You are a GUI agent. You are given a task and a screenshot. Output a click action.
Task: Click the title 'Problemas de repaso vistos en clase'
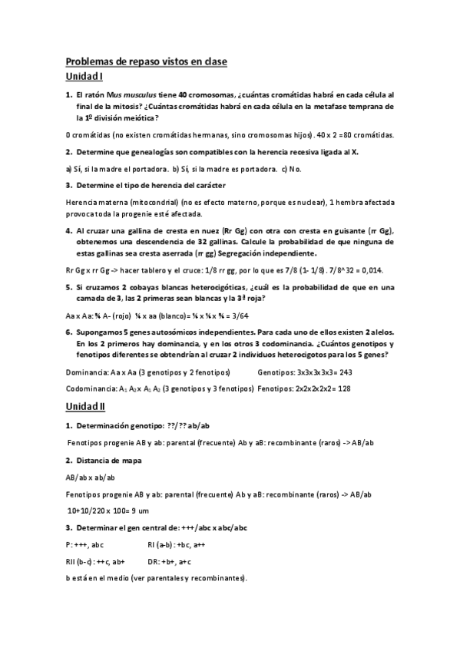pos(147,61)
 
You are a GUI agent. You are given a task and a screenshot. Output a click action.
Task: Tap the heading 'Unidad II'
pos(87,406)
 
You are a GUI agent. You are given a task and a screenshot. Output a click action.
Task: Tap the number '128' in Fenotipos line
pos(339,388)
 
